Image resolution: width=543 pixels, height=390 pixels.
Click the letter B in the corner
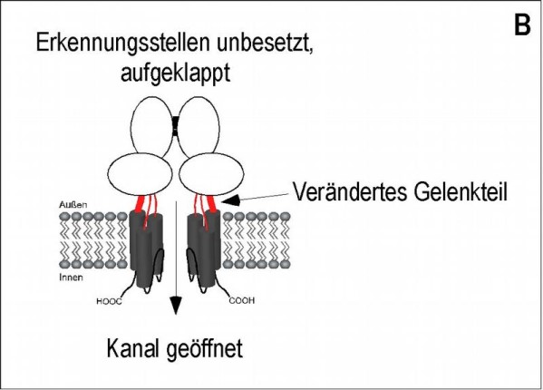coord(522,24)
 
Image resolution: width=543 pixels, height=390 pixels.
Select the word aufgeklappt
coord(175,73)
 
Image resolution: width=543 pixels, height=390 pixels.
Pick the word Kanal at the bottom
coord(133,348)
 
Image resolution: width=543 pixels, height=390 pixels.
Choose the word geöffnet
coord(205,349)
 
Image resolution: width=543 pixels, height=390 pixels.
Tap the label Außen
coord(73,204)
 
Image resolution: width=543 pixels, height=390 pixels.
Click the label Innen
coord(71,278)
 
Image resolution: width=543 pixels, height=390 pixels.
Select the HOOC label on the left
coord(109,301)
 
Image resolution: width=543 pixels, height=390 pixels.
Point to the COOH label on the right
coord(242,300)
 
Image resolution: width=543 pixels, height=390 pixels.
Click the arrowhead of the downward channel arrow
coord(176,305)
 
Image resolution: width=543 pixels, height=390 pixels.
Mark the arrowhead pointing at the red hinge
coord(230,200)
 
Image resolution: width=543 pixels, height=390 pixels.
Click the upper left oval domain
coord(151,126)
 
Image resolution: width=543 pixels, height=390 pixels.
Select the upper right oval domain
coord(199,126)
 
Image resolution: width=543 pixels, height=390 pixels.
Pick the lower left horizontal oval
coord(140,174)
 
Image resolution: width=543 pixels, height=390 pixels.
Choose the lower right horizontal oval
coord(211,174)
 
